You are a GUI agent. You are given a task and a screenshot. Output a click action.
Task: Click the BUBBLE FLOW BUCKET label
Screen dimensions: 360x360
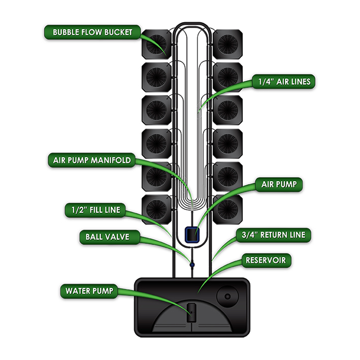point(93,32)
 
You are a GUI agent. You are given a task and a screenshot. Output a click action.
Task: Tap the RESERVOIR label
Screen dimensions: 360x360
point(265,261)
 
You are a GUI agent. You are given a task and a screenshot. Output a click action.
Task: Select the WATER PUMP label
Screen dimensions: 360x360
point(89,291)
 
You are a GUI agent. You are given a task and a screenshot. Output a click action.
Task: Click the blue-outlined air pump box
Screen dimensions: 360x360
point(191,235)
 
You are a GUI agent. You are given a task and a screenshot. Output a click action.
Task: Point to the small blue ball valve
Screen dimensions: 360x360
point(191,265)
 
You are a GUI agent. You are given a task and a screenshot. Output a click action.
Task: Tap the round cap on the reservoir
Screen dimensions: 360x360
point(226,297)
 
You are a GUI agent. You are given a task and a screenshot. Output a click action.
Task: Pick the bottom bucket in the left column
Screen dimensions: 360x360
point(156,209)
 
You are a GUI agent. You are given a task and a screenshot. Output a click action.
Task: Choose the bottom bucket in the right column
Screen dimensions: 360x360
point(227,209)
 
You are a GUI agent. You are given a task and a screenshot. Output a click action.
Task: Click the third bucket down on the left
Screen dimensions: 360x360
point(156,110)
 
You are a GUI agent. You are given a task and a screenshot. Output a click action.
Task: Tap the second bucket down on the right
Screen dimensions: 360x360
point(227,77)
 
